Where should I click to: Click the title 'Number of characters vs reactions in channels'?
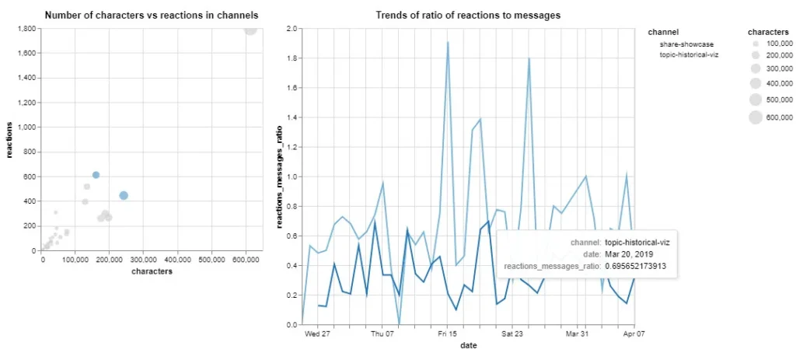152,15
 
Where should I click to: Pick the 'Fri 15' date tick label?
447,335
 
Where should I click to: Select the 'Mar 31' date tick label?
577,335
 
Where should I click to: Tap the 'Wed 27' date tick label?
317,335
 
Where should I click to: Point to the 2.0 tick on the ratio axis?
292,29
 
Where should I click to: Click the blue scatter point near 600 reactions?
96,175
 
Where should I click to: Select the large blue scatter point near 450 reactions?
124,195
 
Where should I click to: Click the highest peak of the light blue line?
448,42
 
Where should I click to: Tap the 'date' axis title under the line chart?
468,345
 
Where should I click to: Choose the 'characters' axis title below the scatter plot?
152,271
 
